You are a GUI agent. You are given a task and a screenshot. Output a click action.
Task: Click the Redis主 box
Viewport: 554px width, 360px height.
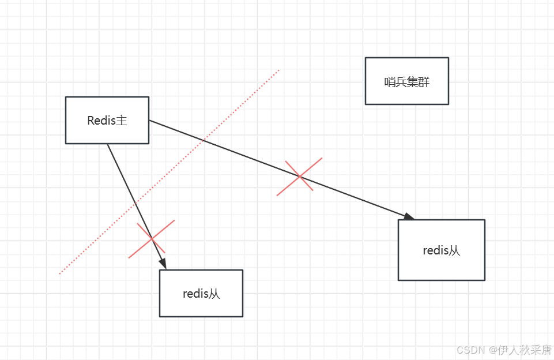click(107, 120)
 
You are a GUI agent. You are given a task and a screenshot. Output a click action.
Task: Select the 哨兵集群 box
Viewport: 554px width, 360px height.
click(406, 81)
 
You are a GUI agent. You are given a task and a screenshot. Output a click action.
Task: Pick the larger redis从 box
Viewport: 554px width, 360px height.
click(441, 250)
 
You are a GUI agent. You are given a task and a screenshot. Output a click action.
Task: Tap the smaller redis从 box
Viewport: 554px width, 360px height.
click(201, 293)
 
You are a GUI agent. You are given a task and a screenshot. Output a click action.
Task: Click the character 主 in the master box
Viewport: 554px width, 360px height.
click(122, 121)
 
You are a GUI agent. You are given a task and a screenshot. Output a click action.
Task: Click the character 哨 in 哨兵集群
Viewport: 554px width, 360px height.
click(390, 82)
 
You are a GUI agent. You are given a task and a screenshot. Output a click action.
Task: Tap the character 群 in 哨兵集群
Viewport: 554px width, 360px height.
click(424, 82)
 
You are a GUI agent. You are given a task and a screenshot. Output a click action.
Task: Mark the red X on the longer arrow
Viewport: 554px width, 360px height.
click(299, 176)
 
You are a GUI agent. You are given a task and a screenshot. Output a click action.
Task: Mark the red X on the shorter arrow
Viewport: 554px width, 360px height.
click(151, 238)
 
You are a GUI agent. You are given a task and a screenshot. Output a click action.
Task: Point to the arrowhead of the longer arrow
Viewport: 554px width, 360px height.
click(409, 217)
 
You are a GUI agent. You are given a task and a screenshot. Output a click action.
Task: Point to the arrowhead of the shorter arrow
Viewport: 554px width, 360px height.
click(164, 264)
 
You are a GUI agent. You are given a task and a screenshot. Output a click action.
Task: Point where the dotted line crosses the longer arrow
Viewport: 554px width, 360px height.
click(203, 140)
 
